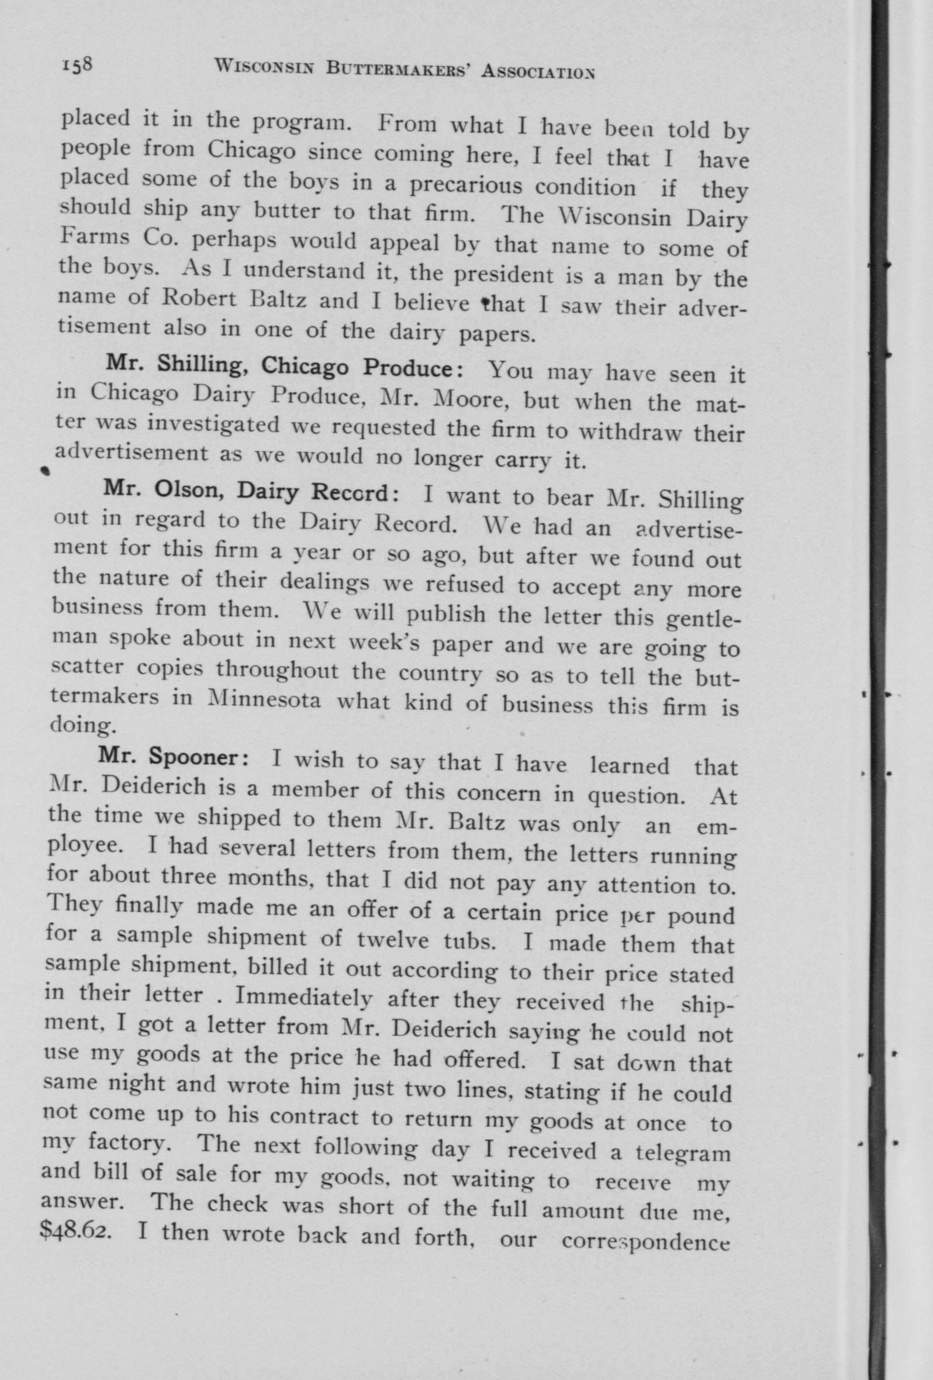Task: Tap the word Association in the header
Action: [x=538, y=73]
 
